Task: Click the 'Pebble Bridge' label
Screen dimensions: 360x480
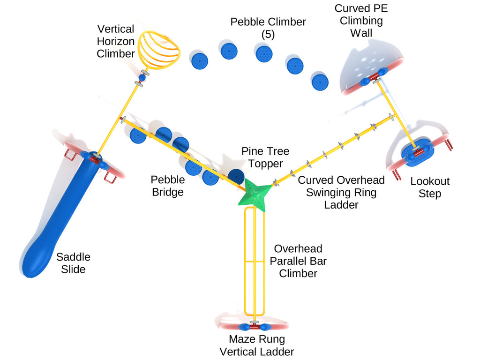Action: point(168,186)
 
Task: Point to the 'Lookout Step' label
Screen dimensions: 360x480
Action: point(429,187)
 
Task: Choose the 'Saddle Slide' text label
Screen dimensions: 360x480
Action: point(73,263)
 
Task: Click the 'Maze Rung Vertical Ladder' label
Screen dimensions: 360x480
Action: point(256,345)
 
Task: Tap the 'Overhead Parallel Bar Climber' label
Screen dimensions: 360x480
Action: point(298,261)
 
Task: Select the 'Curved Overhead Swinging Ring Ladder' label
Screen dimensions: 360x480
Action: point(341,192)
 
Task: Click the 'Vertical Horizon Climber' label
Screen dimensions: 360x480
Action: point(116,41)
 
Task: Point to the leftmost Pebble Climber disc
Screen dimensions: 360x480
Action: point(200,61)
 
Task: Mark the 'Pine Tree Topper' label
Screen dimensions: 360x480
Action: point(265,157)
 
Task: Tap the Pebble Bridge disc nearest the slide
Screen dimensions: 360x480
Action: point(138,135)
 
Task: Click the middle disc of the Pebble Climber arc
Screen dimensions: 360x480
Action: point(264,53)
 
